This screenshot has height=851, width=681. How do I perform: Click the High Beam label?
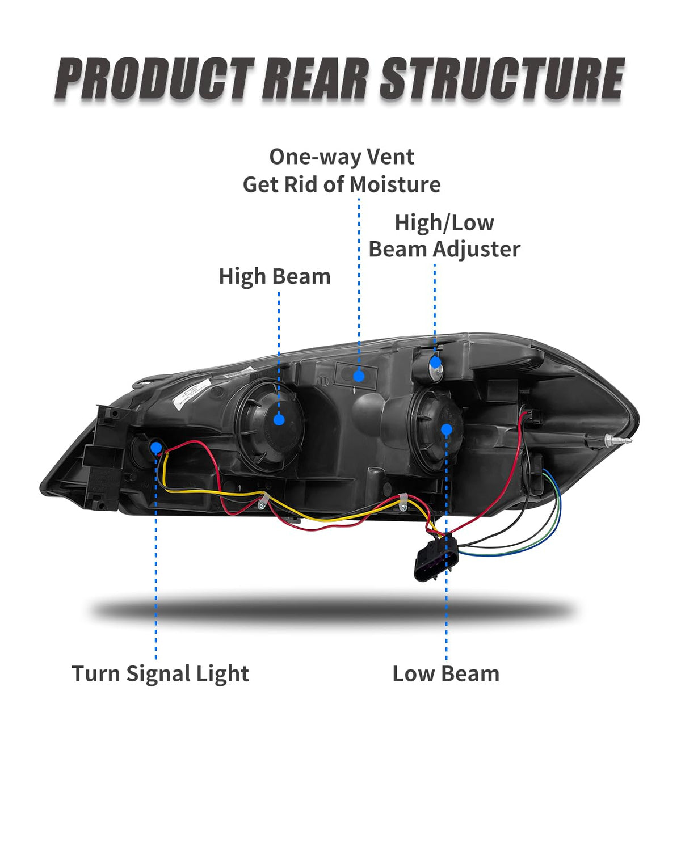(x=275, y=277)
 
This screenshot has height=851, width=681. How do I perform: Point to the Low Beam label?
(x=446, y=674)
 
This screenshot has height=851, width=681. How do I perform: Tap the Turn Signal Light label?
(x=160, y=674)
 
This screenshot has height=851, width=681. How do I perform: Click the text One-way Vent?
(x=342, y=157)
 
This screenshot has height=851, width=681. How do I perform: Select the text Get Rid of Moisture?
(x=342, y=185)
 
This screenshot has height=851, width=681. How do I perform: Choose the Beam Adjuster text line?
(x=444, y=250)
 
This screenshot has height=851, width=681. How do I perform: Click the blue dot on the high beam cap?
(x=279, y=419)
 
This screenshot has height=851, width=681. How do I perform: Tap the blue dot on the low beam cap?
(x=447, y=429)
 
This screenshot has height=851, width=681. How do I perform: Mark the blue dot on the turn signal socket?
(x=156, y=448)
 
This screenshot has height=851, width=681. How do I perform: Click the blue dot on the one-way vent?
(x=359, y=376)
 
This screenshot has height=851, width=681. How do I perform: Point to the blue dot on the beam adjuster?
(x=435, y=363)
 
